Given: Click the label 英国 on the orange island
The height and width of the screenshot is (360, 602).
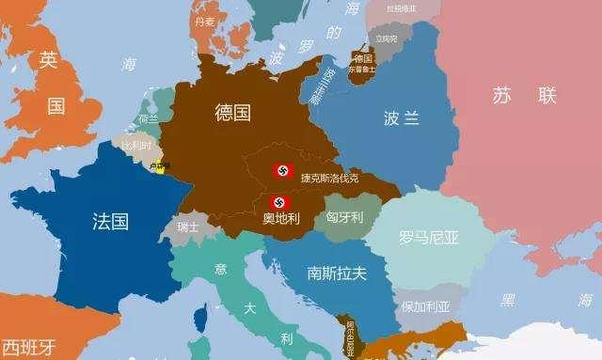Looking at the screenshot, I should (52, 82).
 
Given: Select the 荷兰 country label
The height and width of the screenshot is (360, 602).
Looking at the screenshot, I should (149, 119).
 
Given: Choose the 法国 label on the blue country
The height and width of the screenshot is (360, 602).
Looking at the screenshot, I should (111, 222).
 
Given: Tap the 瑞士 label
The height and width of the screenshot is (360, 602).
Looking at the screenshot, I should (187, 227).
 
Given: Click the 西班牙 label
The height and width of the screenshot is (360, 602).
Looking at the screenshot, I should (25, 344).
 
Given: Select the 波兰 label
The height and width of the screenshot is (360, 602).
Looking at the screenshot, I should (403, 118).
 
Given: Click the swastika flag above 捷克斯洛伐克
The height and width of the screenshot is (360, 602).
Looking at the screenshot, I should (281, 171).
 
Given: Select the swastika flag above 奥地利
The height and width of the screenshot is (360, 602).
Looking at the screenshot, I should (280, 202).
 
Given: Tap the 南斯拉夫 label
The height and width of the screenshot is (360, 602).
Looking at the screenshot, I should (336, 273).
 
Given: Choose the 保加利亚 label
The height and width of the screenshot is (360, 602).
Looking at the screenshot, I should (426, 306).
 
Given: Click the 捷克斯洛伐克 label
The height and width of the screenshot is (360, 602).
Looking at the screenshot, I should (329, 178).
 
